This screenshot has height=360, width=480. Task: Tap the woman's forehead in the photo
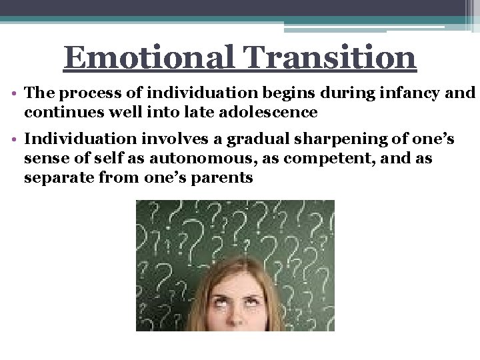(x=237, y=286)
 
